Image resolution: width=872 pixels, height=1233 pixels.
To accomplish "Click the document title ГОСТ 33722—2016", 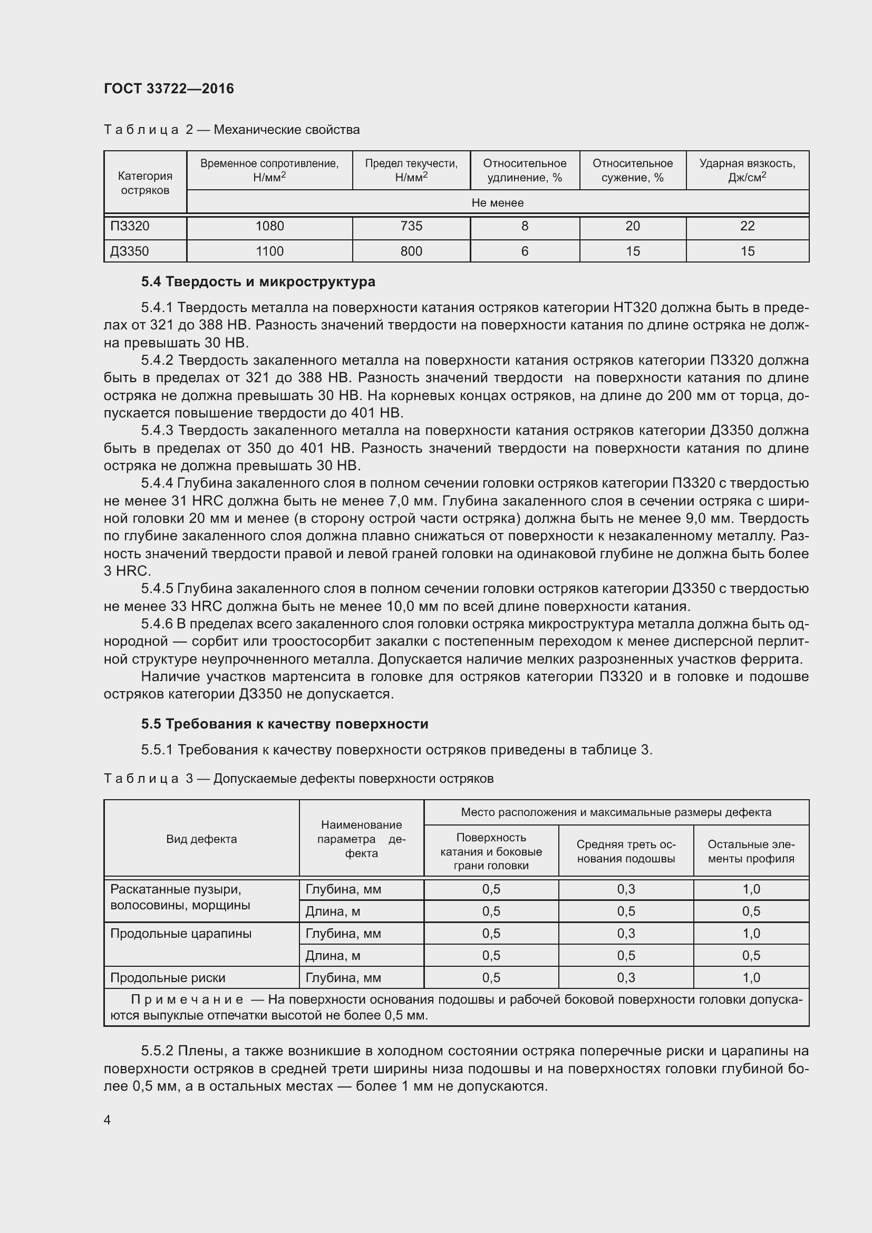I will [x=169, y=89].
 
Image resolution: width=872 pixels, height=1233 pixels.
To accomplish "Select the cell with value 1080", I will [x=269, y=226].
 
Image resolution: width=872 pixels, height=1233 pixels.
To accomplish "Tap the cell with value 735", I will [x=411, y=226].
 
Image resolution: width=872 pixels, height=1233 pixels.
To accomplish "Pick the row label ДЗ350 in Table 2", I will [x=130, y=251].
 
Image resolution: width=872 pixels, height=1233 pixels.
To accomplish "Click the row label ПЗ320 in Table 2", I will [x=130, y=226].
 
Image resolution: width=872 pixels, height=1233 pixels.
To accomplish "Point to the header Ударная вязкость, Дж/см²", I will [x=747, y=170].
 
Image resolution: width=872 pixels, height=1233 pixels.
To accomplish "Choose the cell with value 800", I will [x=411, y=251].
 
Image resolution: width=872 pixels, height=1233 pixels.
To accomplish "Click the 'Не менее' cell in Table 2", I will [x=497, y=203].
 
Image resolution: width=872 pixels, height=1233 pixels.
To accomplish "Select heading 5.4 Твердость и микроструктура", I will [x=258, y=281].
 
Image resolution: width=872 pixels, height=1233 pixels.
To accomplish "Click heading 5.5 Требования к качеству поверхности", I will [x=285, y=724].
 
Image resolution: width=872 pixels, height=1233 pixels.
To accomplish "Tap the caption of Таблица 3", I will [x=298, y=779].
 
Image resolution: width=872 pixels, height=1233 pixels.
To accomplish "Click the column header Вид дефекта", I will [x=201, y=839].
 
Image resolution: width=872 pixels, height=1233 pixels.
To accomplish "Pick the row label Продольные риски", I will [x=168, y=977].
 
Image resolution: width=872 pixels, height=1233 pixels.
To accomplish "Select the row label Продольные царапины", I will [x=180, y=934].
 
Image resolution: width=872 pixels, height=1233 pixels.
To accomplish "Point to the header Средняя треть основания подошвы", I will [x=626, y=851].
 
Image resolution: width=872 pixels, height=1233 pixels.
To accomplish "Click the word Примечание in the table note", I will [x=187, y=999].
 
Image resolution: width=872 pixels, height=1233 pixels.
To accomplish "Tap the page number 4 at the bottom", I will [x=108, y=1120].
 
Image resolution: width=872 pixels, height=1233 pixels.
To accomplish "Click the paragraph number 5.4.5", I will [x=157, y=589].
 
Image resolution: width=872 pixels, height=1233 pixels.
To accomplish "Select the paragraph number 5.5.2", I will [x=157, y=1051].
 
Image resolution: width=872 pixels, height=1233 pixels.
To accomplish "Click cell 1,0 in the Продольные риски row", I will [x=751, y=977].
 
